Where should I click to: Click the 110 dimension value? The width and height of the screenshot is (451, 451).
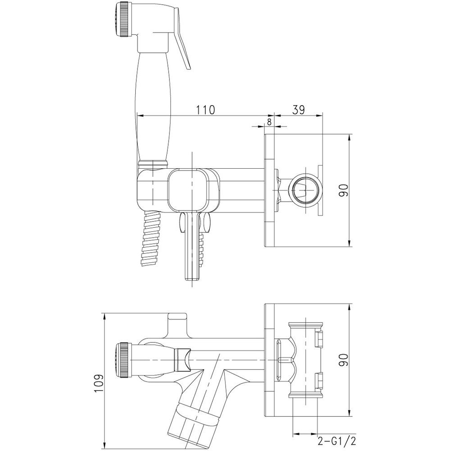tap(205, 110)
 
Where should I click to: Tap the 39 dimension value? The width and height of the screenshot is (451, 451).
tap(298, 110)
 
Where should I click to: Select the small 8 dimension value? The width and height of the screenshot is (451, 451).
tap(269, 122)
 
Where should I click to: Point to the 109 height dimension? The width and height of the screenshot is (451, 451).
tap(98, 382)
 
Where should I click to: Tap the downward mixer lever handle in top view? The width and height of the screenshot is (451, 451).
tap(192, 246)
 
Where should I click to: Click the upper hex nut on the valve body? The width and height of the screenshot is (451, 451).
tap(319, 339)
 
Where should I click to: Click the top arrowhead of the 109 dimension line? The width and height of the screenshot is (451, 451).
tap(105, 317)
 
